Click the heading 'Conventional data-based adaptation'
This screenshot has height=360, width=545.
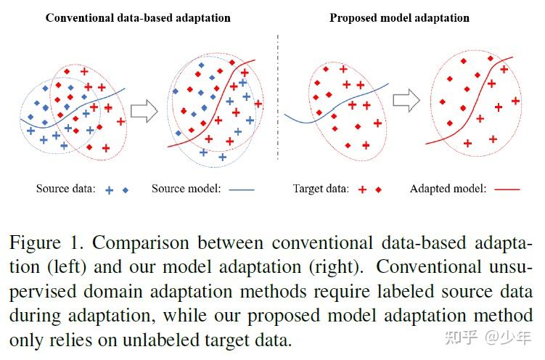coord(137,17)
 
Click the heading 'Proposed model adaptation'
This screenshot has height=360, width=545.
coord(399,17)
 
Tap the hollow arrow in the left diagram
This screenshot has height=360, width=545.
coord(146,110)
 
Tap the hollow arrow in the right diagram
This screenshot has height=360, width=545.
coord(406,100)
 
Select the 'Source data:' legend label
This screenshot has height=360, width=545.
coord(65,189)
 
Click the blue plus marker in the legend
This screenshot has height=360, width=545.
coord(110,189)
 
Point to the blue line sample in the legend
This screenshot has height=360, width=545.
coord(242,190)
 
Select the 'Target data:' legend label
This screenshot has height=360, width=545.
coord(320,189)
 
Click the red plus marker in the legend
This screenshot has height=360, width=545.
coord(361,189)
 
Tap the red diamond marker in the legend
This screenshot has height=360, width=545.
coord(377,189)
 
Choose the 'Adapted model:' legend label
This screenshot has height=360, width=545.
coord(448,189)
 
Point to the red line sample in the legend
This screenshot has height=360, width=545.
coord(507,190)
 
